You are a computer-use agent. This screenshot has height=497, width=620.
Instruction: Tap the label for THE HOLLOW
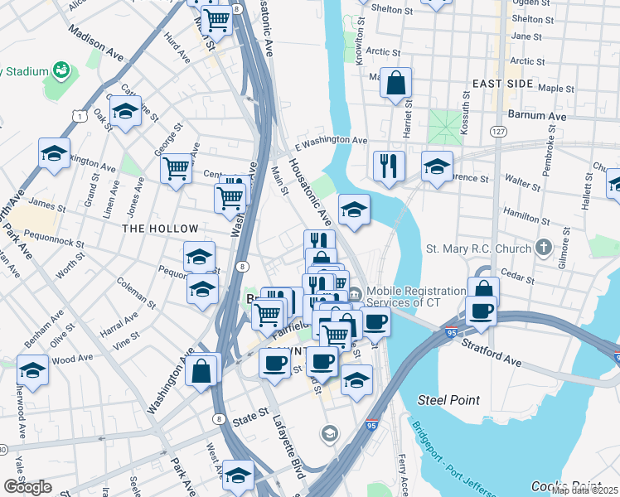click(160, 229)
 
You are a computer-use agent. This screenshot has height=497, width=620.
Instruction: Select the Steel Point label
click(448, 400)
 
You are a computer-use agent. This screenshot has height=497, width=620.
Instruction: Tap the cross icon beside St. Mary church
click(543, 247)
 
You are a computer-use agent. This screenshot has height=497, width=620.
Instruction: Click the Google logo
click(27, 487)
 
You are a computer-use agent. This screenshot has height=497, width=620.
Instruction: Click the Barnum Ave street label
click(536, 117)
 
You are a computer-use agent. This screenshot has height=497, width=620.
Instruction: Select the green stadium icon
click(61, 71)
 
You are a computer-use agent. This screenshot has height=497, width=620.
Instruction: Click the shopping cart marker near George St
click(176, 168)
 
